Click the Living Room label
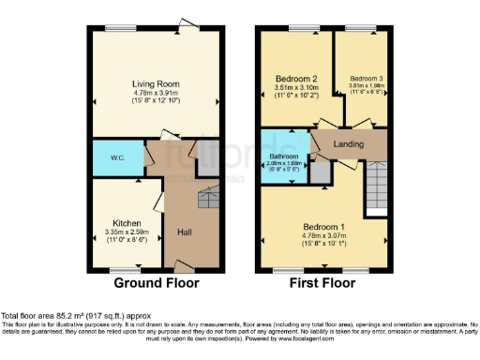point(155,83)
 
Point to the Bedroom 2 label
point(292,78)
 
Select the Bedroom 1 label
point(324,226)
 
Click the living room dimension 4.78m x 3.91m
point(155,93)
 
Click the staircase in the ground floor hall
point(207,198)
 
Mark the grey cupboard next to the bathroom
point(321,172)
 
